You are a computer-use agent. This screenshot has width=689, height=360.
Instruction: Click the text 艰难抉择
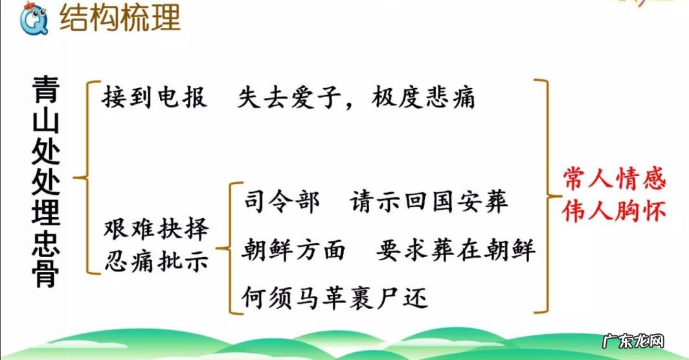click(156, 231)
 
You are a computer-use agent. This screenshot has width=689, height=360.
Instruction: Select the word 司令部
click(281, 202)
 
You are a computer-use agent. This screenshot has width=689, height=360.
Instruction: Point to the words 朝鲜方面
click(294, 250)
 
